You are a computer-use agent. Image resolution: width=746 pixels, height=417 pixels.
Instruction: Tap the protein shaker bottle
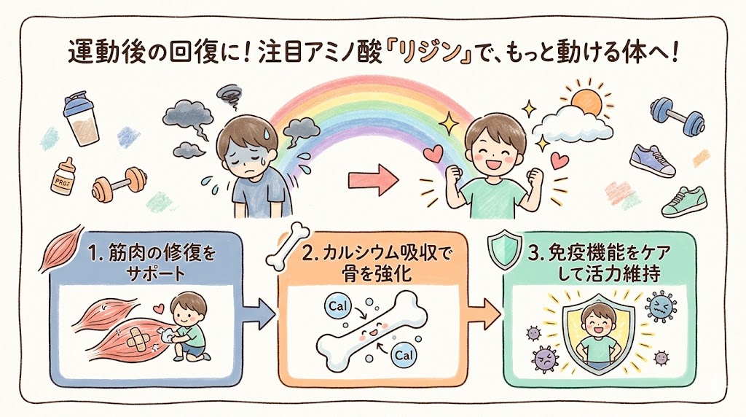(x=82, y=119)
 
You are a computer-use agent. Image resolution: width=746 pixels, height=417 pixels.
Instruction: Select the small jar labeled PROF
(x=63, y=176)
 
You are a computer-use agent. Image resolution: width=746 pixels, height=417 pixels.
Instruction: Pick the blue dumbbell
(x=678, y=116)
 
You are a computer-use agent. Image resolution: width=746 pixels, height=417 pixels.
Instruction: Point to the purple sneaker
(x=652, y=161)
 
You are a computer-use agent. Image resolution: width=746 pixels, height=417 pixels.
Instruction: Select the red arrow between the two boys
(x=374, y=180)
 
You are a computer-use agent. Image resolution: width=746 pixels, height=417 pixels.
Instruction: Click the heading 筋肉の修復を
(x=152, y=253)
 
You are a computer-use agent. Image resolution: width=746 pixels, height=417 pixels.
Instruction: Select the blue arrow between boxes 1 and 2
(x=260, y=314)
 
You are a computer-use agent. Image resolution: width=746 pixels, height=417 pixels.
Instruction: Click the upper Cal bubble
(x=338, y=306)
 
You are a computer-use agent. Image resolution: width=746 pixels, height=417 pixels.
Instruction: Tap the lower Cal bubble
(x=404, y=355)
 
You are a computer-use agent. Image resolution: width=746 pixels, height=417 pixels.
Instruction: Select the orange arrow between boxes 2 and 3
(x=484, y=314)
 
